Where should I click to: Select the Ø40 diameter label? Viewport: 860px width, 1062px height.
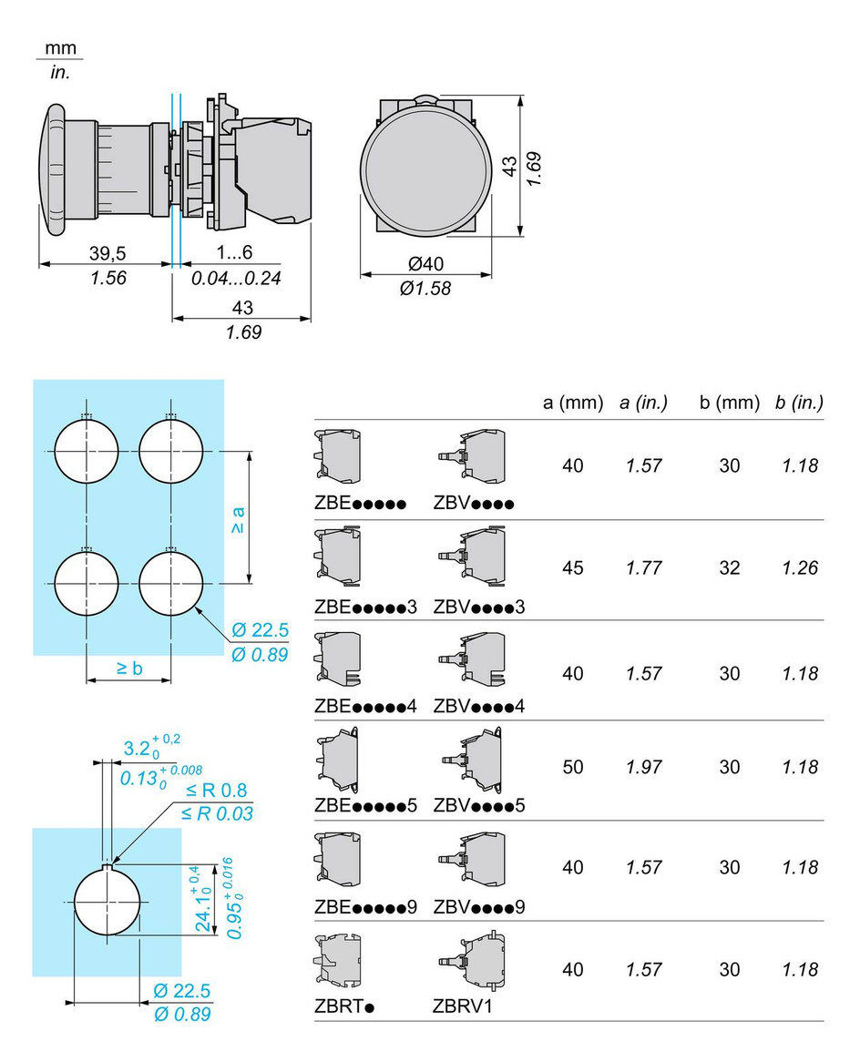coord(425,264)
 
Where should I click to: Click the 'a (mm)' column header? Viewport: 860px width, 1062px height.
coord(573,403)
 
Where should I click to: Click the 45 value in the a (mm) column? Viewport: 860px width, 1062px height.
coord(573,567)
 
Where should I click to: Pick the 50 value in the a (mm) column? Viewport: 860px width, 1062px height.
coord(573,767)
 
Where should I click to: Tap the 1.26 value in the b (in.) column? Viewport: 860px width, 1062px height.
coord(800,567)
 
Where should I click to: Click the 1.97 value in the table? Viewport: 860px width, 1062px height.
coord(644,767)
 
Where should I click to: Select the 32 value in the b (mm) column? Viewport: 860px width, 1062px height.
coord(729,567)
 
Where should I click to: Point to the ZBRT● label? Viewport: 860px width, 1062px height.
coord(345,1006)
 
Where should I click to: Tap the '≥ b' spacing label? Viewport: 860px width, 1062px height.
coord(129,668)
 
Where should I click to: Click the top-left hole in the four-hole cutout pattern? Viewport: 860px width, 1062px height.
coord(87,452)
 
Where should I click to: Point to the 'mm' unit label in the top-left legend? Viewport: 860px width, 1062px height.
coord(62,47)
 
